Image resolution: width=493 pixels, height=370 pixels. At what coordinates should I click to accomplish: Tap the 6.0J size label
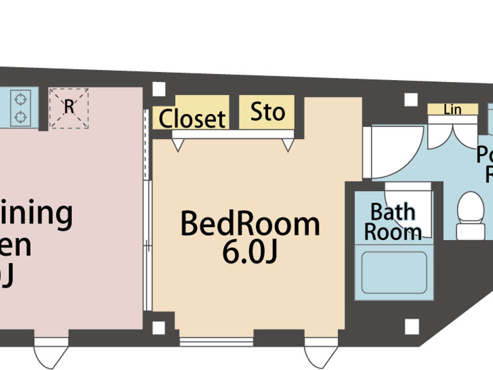pyautogui.click(x=250, y=252)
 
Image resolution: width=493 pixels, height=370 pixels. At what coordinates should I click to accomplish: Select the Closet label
pyautogui.click(x=192, y=119)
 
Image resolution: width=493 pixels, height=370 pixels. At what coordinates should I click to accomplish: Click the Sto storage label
pyautogui.click(x=268, y=112)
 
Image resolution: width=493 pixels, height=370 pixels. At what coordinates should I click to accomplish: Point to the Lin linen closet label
pyautogui.click(x=453, y=110)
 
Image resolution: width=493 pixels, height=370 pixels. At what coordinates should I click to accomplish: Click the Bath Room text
pyautogui.click(x=393, y=222)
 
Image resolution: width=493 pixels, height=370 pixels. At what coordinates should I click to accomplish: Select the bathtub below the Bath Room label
pyautogui.click(x=394, y=272)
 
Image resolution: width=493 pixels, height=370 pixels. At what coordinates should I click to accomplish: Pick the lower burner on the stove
pyautogui.click(x=21, y=116)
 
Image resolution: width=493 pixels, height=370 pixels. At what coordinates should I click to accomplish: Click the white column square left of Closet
pyautogui.click(x=159, y=89)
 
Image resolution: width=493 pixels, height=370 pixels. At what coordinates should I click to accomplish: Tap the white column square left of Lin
pyautogui.click(x=411, y=100)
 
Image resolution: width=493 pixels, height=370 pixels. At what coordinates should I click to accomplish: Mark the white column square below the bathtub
pyautogui.click(x=412, y=326)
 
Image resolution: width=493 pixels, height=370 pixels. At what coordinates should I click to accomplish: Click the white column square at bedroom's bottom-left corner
pyautogui.click(x=159, y=328)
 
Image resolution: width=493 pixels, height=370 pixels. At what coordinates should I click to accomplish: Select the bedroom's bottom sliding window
pyautogui.click(x=217, y=341)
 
